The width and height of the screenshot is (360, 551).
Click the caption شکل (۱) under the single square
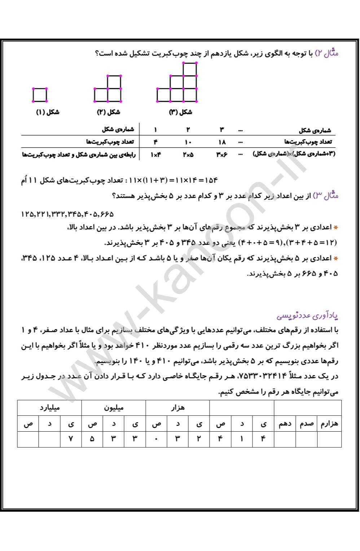pos(48,112)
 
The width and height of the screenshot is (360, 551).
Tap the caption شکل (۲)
pos(108,112)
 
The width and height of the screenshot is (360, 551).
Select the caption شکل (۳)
pos(180,112)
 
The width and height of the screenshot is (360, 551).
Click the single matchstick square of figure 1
pos(40,95)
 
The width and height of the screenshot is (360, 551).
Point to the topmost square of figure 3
pos(190,69)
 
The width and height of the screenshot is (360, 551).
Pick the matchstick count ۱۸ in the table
pos(221,142)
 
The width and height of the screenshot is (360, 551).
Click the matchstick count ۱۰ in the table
pos(188,142)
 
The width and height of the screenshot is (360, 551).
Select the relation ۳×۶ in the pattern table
pos(221,155)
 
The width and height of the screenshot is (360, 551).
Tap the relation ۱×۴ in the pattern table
pos(155,155)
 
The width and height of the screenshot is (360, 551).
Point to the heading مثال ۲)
pos(327,53)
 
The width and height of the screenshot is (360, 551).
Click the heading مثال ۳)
pos(326,196)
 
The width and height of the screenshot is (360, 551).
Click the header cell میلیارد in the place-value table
pos(49,408)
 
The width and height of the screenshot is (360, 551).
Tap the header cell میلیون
pos(114,408)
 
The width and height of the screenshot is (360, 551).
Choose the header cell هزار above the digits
pos(177,408)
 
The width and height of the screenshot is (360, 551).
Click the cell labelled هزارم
pos(329,424)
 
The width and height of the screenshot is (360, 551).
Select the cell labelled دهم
pos(285,424)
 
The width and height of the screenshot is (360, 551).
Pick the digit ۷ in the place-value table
pos(71,439)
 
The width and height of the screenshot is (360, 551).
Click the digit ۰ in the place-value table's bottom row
pos(156,439)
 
